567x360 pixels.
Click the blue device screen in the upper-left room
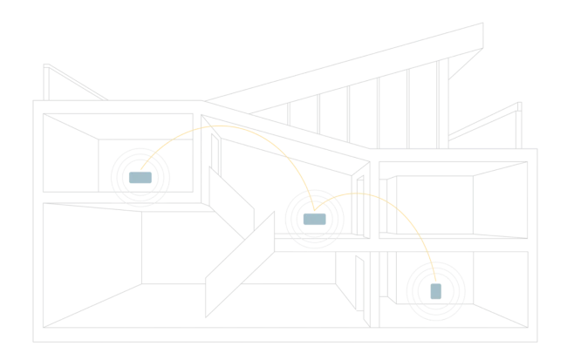[140, 176]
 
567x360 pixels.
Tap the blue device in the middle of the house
[311, 219]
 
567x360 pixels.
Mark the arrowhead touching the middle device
[310, 207]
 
